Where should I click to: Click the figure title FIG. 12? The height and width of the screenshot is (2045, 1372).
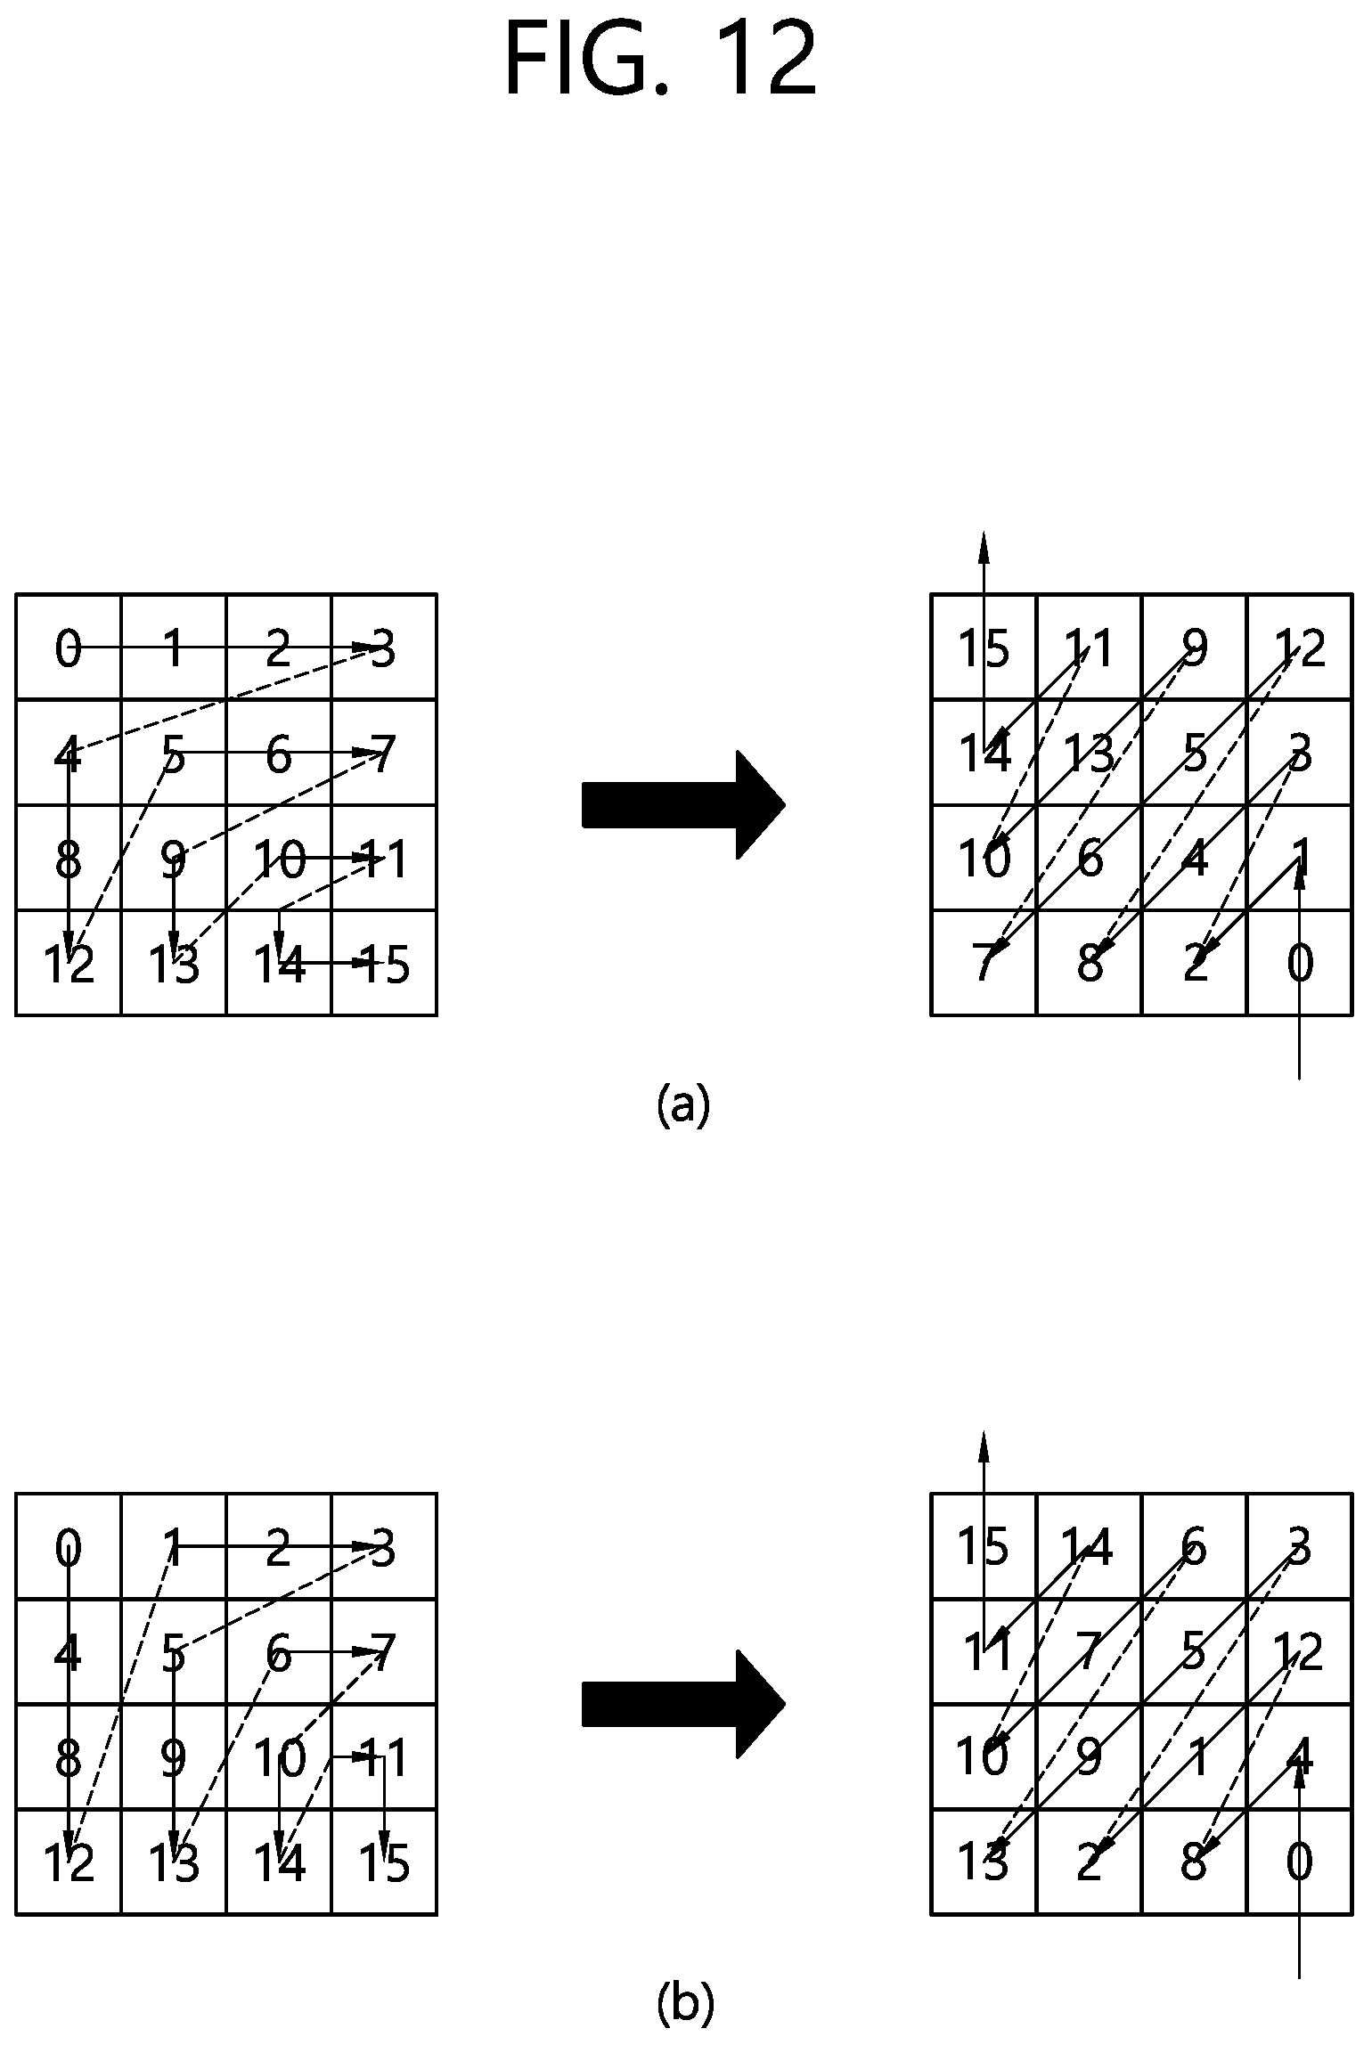pos(660,60)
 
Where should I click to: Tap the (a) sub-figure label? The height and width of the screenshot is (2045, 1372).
pos(683,1105)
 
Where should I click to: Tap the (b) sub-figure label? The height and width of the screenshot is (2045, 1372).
pos(685,2005)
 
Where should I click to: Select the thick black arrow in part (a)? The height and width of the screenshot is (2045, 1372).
pos(683,805)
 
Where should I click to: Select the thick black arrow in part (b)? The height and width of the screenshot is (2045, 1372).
pos(683,1704)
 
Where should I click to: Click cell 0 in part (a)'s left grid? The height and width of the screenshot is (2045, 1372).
pos(69,648)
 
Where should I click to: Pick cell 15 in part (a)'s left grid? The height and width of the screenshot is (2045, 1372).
pos(384,963)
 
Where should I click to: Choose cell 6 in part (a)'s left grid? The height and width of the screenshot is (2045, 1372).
pos(279,753)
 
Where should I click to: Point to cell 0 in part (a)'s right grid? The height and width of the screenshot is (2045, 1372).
pos(1300,963)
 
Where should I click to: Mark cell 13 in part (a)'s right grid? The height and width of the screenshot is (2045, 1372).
pos(1090,753)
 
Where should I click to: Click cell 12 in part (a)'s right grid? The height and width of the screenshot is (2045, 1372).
pos(1300,648)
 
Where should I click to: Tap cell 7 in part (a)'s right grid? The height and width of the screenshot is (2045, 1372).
pos(984,963)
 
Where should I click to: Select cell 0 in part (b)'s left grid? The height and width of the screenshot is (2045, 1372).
pos(69,1547)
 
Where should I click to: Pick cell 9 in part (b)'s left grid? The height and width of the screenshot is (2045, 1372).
pos(174,1757)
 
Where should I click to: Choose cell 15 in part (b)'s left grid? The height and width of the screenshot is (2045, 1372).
pos(384,1862)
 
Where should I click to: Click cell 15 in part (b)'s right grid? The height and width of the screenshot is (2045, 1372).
pos(984,1547)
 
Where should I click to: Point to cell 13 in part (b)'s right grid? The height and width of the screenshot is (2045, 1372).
pos(984,1862)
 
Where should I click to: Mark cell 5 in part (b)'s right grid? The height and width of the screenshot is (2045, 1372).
pos(1195,1652)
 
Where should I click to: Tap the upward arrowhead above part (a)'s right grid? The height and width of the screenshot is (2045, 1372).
pos(984,546)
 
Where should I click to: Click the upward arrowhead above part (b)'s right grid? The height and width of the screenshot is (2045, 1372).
pos(984,1446)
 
